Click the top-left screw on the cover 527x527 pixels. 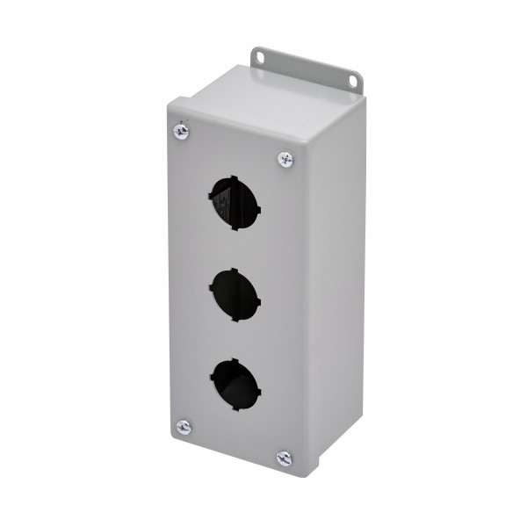pyautogui.click(x=182, y=132)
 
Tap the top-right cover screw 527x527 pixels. pyautogui.click(x=285, y=159)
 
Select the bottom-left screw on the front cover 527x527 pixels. pyautogui.click(x=184, y=427)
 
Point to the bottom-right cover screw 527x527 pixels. pyautogui.click(x=284, y=458)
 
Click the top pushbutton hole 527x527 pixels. pyautogui.click(x=235, y=202)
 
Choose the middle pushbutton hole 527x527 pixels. pyautogui.click(x=235, y=295)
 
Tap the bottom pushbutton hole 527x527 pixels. pyautogui.click(x=235, y=384)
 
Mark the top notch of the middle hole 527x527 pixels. pyautogui.click(x=235, y=271)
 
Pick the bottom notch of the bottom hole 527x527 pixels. pyautogui.click(x=235, y=409)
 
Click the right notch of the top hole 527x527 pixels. pyautogui.click(x=259, y=210)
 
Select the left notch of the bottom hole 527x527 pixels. pyautogui.click(x=212, y=378)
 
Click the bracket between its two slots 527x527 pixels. pyautogui.click(x=307, y=70)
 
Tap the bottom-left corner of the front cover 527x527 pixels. pyautogui.click(x=170, y=437)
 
